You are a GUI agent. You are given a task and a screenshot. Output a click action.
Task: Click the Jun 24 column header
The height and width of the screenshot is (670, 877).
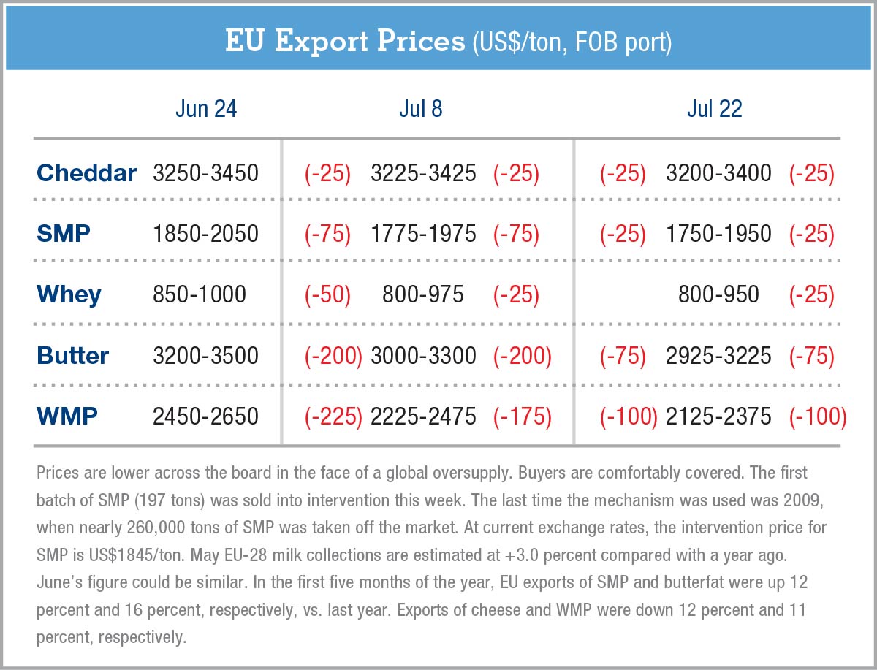(x=205, y=109)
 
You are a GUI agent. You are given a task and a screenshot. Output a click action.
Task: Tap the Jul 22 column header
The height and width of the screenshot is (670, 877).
(x=714, y=109)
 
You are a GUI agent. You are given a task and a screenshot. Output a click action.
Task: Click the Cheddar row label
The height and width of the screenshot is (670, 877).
(x=86, y=173)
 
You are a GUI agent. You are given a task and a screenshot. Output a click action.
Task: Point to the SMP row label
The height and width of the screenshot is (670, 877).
(x=64, y=234)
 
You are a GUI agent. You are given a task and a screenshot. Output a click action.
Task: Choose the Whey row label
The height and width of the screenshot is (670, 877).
(x=69, y=294)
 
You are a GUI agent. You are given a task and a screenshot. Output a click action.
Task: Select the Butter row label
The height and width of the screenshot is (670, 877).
(x=73, y=356)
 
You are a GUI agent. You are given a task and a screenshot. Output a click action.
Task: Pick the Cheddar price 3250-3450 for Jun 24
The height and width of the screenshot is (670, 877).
(x=205, y=173)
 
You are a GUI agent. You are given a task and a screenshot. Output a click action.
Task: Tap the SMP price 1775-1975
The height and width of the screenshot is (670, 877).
(x=423, y=234)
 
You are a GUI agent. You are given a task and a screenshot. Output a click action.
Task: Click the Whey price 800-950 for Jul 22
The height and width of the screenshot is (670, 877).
(x=718, y=294)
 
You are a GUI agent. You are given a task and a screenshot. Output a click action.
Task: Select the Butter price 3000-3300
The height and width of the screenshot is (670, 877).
(x=423, y=356)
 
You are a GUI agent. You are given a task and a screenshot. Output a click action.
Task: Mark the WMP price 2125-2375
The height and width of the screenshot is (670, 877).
(x=718, y=416)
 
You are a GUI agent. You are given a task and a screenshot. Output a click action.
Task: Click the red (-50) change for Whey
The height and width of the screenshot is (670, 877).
(x=328, y=294)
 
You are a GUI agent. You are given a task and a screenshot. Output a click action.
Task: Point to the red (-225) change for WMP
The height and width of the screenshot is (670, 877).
(x=333, y=416)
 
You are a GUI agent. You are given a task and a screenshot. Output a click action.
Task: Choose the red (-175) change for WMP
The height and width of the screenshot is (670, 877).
(x=522, y=416)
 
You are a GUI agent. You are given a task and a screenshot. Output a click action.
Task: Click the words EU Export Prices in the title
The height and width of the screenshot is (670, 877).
(x=344, y=42)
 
